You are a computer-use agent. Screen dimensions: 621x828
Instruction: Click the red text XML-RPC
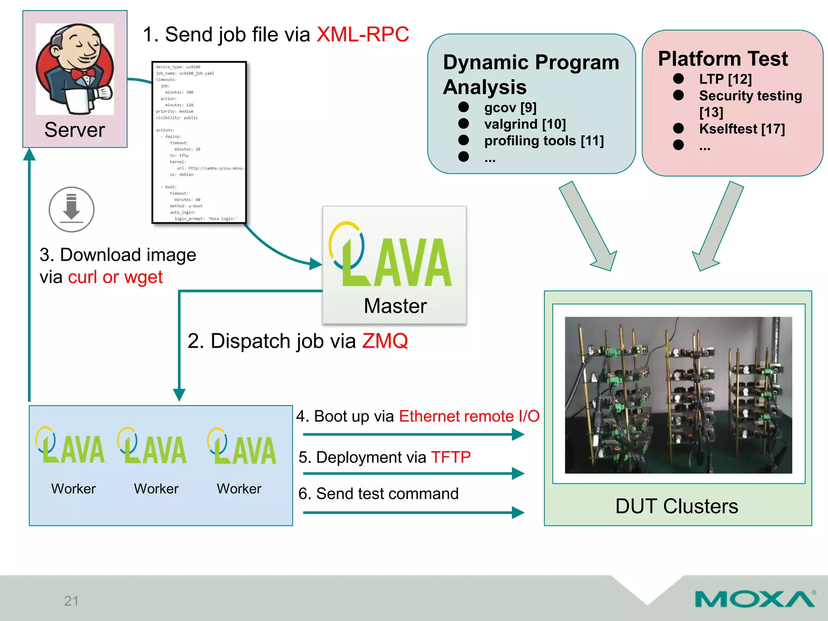tap(363, 34)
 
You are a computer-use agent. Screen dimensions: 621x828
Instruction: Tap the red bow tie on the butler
tap(83, 75)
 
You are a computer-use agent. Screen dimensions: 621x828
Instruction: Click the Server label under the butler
tap(74, 130)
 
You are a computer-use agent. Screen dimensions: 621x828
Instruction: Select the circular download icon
tap(72, 209)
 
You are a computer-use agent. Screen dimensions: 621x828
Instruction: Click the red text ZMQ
tap(385, 341)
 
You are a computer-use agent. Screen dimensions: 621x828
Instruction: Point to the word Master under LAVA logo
tap(395, 306)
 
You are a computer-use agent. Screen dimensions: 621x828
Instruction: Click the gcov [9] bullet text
tap(510, 108)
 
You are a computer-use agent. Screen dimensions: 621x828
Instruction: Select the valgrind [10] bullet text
tap(525, 124)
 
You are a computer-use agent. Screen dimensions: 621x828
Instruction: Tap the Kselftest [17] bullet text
tap(742, 129)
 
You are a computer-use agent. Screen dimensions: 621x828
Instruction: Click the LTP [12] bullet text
tap(725, 79)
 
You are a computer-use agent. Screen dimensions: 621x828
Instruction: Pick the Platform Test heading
tap(722, 59)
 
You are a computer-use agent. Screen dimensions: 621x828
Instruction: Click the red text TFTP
tap(451, 457)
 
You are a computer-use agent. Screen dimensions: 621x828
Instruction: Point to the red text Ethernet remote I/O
tap(469, 416)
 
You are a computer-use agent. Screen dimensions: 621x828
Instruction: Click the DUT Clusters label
tap(676, 506)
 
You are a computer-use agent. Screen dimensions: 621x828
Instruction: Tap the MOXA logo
tap(755, 599)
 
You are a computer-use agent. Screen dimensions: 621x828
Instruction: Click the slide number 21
tap(71, 601)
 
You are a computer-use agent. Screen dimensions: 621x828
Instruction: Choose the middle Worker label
tap(156, 489)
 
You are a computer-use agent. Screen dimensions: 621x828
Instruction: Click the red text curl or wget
tap(115, 277)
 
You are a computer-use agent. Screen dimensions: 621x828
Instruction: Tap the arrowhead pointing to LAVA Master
tap(316, 264)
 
